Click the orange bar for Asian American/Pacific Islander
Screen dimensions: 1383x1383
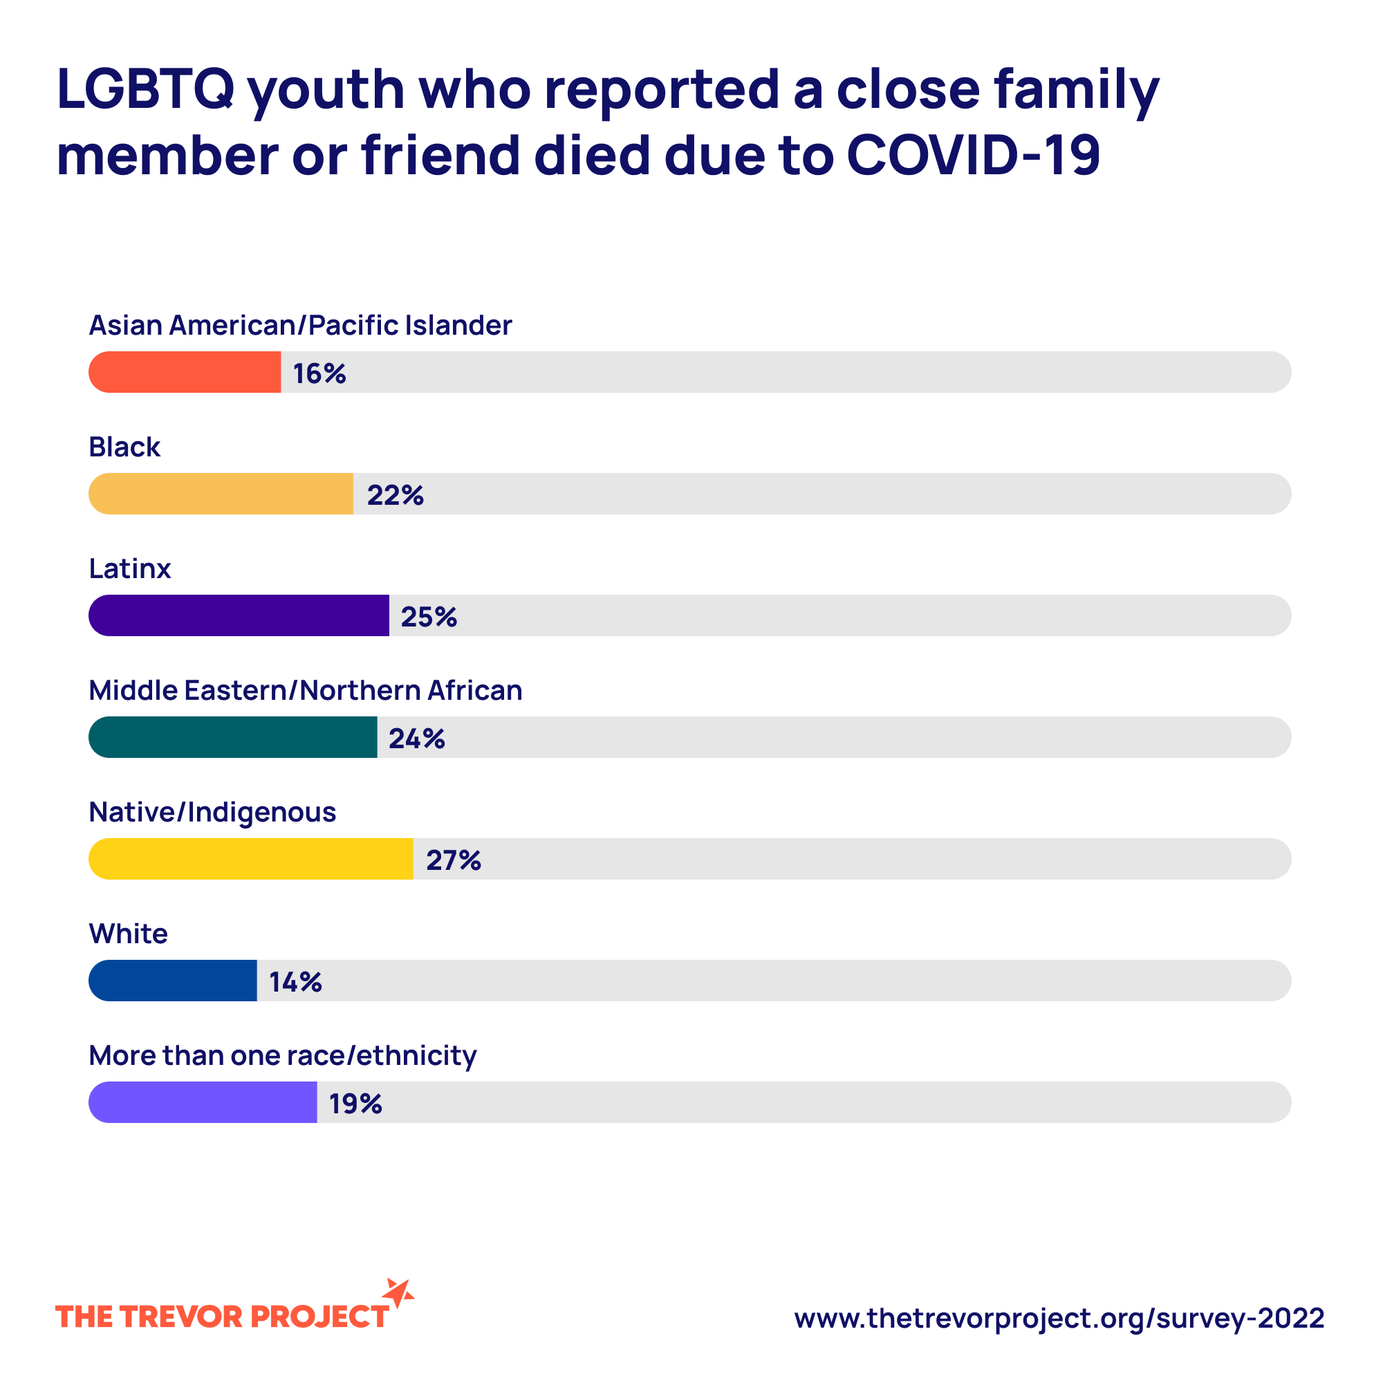coord(185,372)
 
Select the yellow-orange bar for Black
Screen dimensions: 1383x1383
coord(221,494)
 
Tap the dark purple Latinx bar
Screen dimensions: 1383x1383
coord(239,615)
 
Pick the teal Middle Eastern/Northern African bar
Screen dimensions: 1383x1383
coord(232,737)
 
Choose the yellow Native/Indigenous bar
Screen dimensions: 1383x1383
coord(250,859)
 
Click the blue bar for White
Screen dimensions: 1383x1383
coord(172,981)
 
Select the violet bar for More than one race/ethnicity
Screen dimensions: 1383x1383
coord(203,1102)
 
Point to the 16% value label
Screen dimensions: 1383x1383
coord(319,373)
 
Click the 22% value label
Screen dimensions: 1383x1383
coord(395,495)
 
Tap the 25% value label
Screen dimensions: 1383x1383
coord(429,617)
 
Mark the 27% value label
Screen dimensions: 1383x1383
coord(453,860)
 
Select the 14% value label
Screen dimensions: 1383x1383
coord(295,982)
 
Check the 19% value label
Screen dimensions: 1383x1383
coord(355,1104)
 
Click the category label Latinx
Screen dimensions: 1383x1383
coord(129,569)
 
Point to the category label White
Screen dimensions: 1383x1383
coord(128,934)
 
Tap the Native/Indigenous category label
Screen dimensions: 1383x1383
coord(212,813)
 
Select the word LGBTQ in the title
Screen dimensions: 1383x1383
coord(145,89)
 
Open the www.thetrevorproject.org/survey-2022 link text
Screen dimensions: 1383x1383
coord(1059,1319)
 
